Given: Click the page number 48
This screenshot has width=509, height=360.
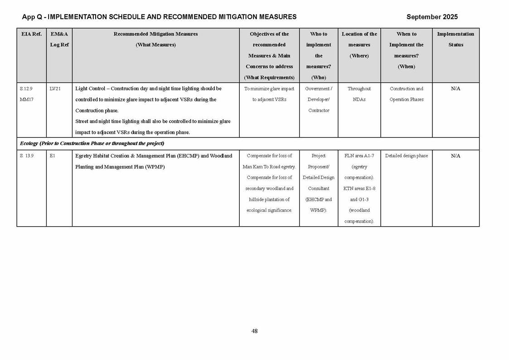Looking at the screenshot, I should tap(254, 331).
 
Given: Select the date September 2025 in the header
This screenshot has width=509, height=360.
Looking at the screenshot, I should tap(431, 17).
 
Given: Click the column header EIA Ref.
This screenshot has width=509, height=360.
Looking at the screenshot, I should tap(31, 34).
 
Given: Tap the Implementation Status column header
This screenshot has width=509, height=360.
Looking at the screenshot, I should tap(456, 39).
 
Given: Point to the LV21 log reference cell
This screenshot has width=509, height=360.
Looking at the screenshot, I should tap(55, 89).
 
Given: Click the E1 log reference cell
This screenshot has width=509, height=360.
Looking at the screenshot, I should tap(52, 156).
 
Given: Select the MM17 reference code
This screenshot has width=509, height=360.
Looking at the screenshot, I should tap(27, 100).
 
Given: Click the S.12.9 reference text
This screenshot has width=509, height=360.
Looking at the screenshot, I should tap(26, 89).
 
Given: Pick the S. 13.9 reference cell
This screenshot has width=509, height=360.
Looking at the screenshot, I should tap(27, 156).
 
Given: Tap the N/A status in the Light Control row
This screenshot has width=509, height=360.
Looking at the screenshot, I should tap(456, 89).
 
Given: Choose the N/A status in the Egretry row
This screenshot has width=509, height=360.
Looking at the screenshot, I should tap(456, 156).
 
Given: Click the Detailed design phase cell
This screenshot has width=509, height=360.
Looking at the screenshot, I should tap(406, 156).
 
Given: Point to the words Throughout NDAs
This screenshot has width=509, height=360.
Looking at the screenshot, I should tap(359, 94).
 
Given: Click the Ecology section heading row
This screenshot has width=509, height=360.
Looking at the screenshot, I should tap(92, 144).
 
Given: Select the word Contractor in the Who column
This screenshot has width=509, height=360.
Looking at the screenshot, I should tap(319, 111).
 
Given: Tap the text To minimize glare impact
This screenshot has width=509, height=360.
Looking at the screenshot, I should tap(269, 89).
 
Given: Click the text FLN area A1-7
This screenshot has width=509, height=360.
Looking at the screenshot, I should tap(359, 156).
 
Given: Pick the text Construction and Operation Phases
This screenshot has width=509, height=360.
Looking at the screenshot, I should tap(406, 94).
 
